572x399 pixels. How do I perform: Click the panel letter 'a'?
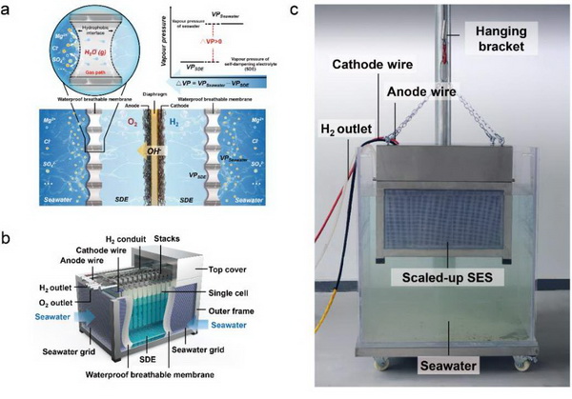[x=8, y=9]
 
